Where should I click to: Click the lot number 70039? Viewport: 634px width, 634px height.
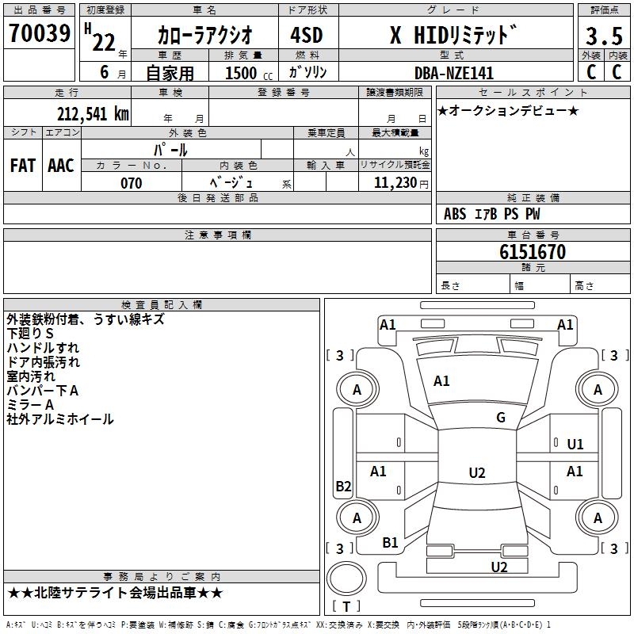[x=39, y=34]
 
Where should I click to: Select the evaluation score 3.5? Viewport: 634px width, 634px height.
[x=604, y=36]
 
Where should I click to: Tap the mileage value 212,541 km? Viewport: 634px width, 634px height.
[x=93, y=114]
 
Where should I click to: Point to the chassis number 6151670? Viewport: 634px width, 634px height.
[x=533, y=253]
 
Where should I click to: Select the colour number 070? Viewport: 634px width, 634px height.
[x=132, y=183]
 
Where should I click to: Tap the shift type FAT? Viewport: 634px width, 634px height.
[x=23, y=165]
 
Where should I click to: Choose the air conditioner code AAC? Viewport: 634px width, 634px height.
[x=61, y=165]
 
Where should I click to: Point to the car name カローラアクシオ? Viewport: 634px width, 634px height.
[x=205, y=36]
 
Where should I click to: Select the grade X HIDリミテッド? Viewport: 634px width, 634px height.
[x=453, y=35]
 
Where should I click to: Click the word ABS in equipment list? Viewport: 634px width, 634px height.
[x=455, y=214]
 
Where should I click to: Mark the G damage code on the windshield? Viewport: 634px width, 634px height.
[x=501, y=418]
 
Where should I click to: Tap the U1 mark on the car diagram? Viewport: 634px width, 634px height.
[x=575, y=445]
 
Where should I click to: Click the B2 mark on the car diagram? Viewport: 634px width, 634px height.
[x=343, y=487]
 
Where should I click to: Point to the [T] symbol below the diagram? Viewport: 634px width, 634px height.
[x=346, y=606]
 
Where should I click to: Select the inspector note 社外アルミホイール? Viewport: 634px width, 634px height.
[x=60, y=419]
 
